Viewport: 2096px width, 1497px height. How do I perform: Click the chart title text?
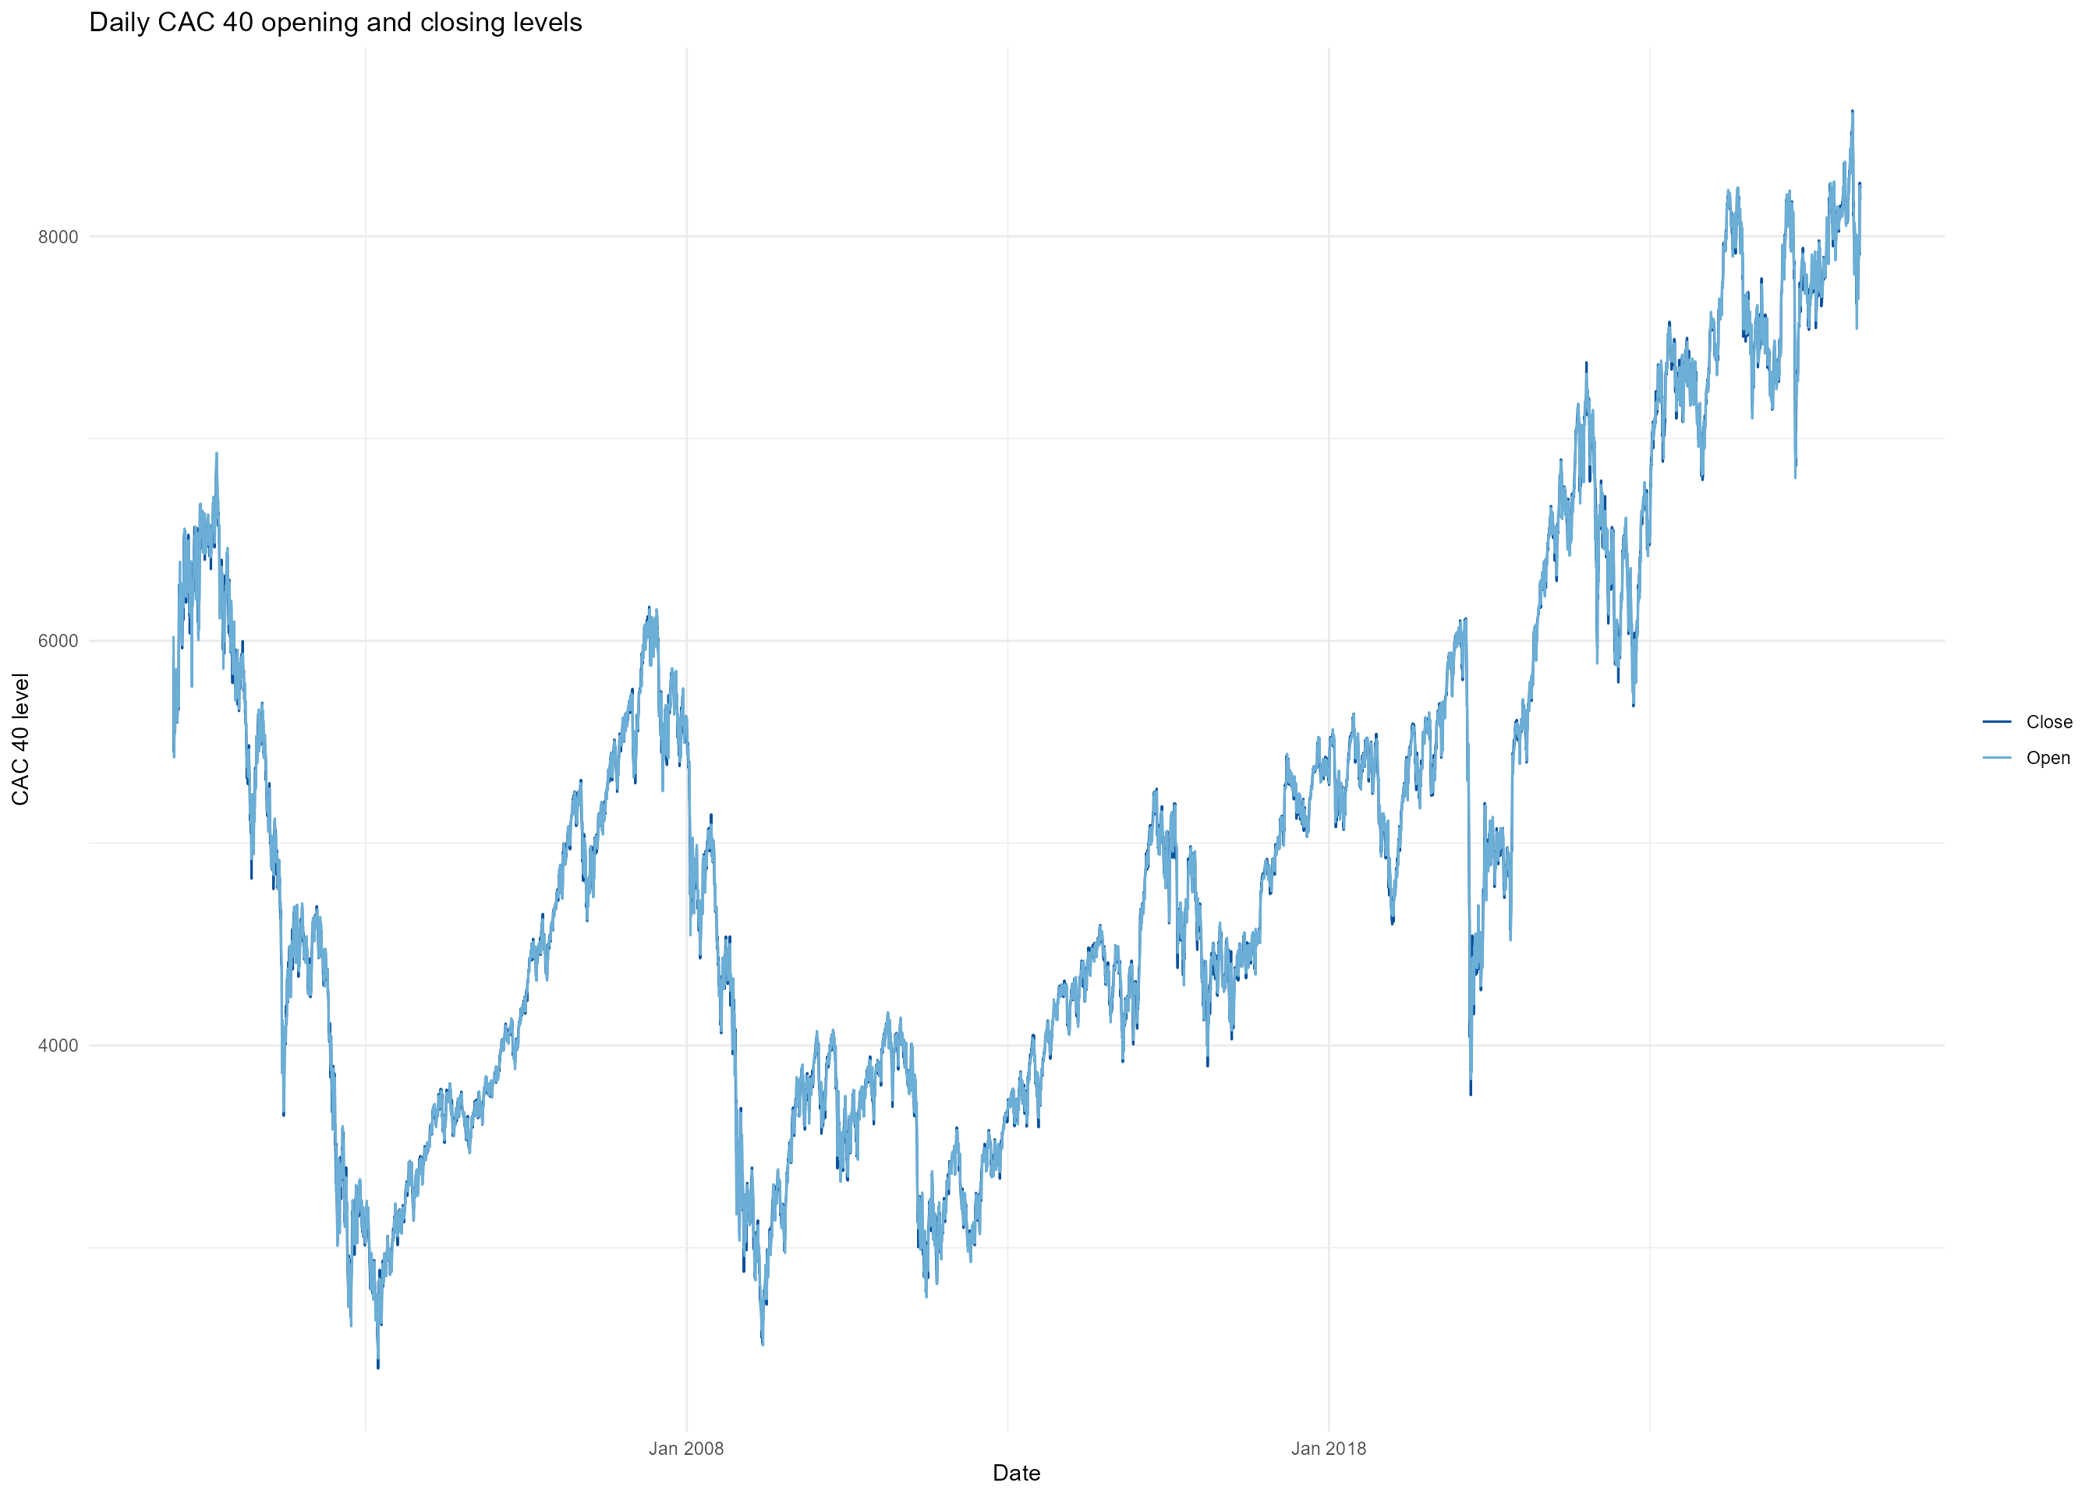[335, 22]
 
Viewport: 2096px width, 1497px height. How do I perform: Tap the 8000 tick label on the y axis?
[57, 237]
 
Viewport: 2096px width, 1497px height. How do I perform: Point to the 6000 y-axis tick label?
[57, 641]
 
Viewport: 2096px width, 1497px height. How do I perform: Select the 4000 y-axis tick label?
[57, 1046]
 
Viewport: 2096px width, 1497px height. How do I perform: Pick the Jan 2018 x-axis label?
[1328, 1448]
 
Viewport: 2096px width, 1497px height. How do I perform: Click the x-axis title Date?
[1016, 1473]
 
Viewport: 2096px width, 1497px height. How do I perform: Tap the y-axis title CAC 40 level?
[20, 738]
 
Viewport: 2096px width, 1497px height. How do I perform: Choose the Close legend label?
[2048, 722]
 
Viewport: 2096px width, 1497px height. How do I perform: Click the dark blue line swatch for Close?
[1996, 722]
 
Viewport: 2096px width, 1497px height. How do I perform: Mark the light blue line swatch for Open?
[1996, 758]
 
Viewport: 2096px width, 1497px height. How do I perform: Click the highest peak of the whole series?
[1852, 111]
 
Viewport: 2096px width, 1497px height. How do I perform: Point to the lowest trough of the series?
[378, 1367]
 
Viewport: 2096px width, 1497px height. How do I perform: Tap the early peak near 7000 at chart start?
[217, 454]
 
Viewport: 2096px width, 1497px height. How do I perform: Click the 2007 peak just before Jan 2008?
[649, 608]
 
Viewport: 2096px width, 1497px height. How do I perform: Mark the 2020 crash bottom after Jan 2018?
[1471, 1093]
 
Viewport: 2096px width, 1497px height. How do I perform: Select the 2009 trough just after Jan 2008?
[763, 1343]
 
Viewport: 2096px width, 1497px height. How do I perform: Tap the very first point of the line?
[172, 638]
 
